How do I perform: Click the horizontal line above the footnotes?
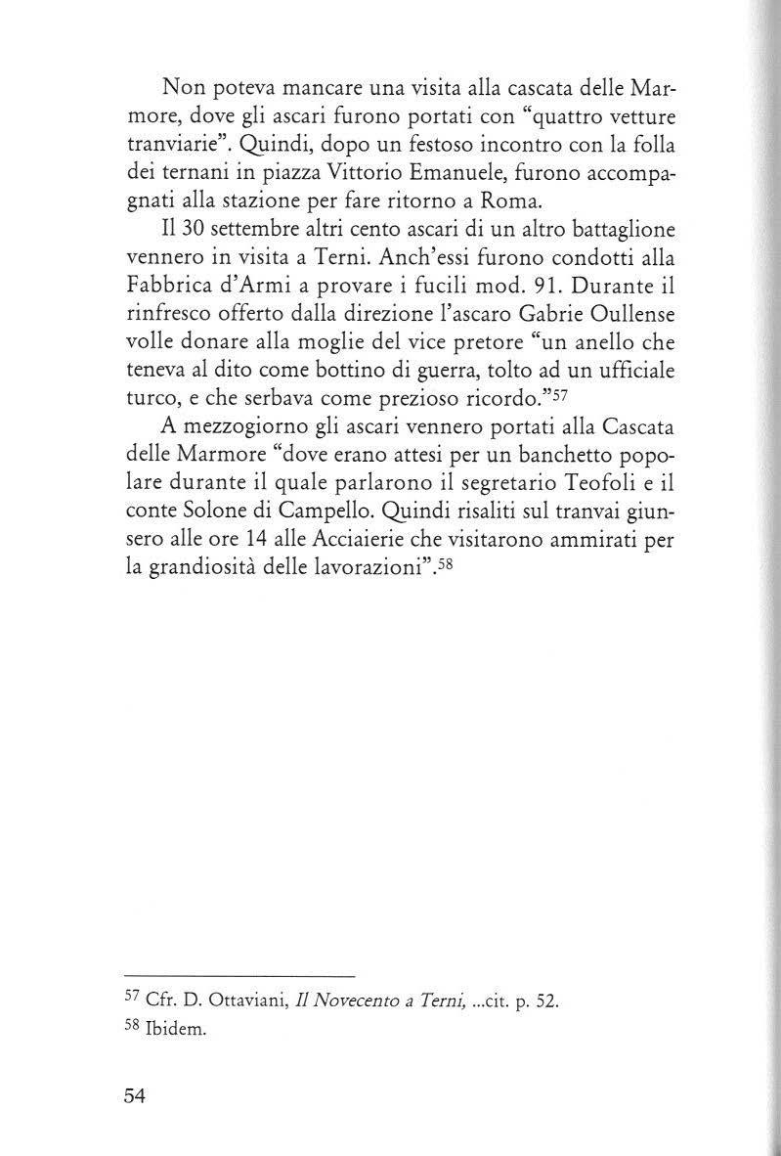pyautogui.click(x=239, y=977)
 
